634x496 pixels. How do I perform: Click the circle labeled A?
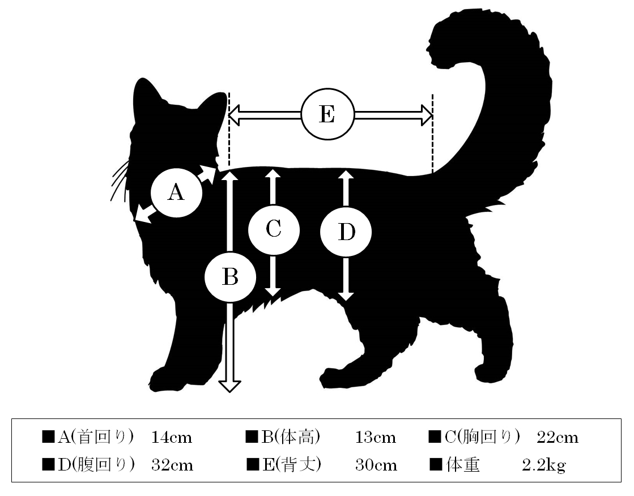coord(176,193)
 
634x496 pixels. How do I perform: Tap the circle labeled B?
coord(230,277)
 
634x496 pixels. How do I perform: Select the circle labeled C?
coord(274,230)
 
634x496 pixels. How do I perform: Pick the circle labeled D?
coord(346,232)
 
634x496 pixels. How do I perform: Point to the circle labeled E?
coord(327,114)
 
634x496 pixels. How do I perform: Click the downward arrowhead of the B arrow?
coord(229,386)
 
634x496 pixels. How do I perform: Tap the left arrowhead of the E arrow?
coord(235,115)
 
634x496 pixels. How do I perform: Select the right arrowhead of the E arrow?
coord(427,115)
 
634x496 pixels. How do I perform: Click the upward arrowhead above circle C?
coord(273,174)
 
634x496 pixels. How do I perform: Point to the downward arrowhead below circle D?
coord(346,296)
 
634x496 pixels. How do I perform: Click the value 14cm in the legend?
coord(172,437)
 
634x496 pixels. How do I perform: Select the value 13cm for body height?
coord(376,437)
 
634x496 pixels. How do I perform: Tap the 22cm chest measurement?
coord(558,437)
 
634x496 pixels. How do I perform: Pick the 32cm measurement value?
coord(172,465)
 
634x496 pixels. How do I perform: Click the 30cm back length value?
coord(376,465)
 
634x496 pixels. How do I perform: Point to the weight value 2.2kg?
coord(544,465)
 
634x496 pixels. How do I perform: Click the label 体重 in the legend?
coord(463,465)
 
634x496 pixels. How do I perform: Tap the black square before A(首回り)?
coord(48,437)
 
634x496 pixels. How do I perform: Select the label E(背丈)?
coord(292,465)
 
